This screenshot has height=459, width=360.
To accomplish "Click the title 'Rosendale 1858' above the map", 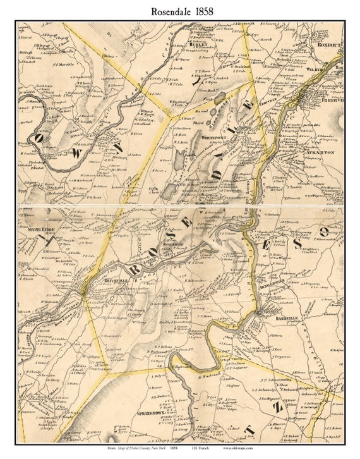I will pyautogui.click(x=179, y=11).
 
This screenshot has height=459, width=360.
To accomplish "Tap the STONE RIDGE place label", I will pyautogui.click(x=39, y=223).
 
